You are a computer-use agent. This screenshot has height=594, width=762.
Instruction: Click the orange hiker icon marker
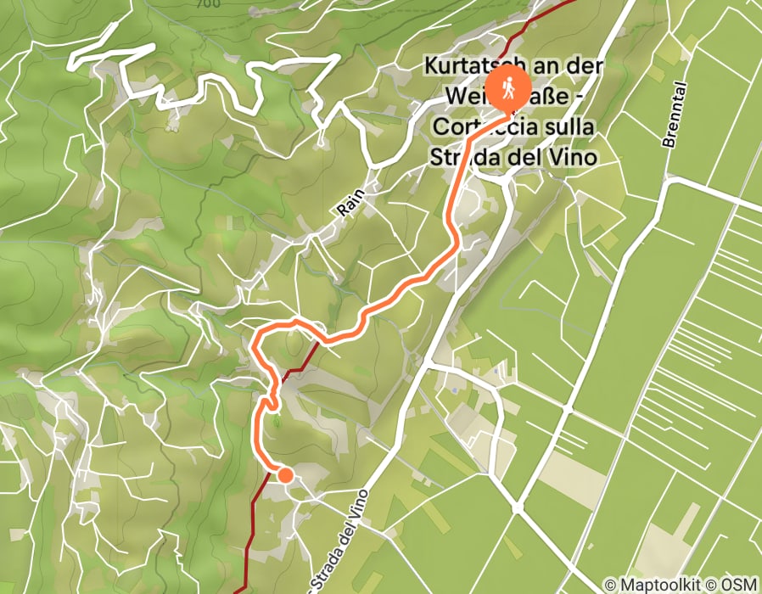point(510,87)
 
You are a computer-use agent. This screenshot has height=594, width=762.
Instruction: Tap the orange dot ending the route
point(285,474)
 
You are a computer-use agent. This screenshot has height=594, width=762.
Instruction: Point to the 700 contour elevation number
point(206,3)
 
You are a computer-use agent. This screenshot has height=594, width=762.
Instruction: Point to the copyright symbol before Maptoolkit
point(611,585)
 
